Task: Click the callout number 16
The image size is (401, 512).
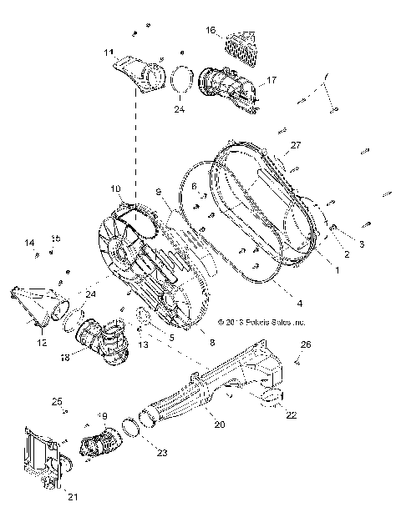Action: tap(211, 30)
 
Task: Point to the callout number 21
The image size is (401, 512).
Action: tap(63, 497)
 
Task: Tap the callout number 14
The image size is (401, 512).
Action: tap(29, 243)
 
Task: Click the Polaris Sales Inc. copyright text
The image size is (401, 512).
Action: tap(261, 320)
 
